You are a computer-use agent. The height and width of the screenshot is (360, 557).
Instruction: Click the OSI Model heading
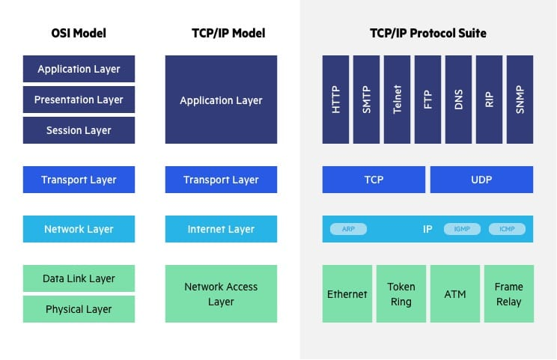tap(79, 34)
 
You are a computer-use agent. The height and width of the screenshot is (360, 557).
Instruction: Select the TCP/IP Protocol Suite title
tap(427, 34)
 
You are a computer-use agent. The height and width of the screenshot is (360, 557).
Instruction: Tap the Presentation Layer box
tap(79, 100)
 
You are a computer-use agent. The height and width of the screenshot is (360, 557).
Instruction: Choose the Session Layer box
tap(79, 130)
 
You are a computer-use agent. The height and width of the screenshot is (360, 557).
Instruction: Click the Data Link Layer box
tap(79, 278)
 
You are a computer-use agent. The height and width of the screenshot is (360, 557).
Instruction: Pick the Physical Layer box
tap(79, 309)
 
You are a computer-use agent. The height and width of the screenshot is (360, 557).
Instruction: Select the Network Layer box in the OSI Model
tap(79, 229)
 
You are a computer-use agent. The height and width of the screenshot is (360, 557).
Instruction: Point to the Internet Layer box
tap(221, 229)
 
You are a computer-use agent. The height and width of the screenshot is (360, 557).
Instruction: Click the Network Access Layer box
tap(221, 294)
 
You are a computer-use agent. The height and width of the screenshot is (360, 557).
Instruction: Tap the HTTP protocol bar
tap(335, 100)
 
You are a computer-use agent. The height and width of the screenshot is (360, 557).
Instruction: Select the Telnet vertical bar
tap(397, 100)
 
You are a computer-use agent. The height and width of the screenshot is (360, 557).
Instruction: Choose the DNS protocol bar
tap(458, 100)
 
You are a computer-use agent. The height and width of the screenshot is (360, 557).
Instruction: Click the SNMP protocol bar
tap(520, 100)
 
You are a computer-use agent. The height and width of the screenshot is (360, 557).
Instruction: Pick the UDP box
tap(481, 180)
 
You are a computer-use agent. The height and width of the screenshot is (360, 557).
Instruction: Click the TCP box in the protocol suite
tap(374, 180)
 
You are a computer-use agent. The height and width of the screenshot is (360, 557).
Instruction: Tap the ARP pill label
tap(348, 229)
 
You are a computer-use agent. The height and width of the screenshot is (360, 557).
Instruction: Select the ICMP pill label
tap(507, 229)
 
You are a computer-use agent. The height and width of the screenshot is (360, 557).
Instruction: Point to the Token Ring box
tap(401, 294)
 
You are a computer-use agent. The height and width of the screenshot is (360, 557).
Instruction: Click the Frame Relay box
tap(508, 294)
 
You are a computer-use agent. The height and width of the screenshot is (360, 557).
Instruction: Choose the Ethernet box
tap(347, 294)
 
